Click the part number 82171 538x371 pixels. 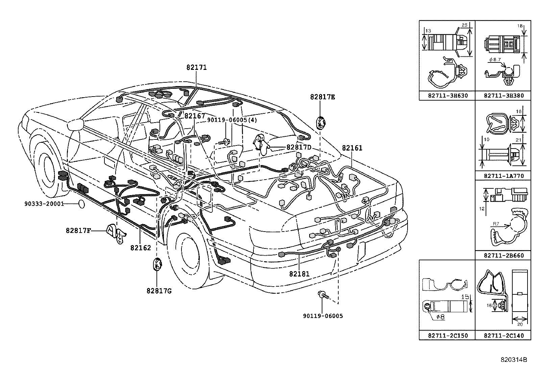196,68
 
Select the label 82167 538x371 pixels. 195,116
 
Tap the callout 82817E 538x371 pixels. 323,97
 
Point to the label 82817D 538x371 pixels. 299,147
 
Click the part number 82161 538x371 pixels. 352,148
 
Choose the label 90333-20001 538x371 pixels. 44,204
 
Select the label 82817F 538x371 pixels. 78,231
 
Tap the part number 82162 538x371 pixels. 141,248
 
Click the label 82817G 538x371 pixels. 159,290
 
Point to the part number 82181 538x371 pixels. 299,274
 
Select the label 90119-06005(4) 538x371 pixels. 232,120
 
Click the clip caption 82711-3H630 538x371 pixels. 447,96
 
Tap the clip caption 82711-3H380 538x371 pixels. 504,96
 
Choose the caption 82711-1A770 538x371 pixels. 504,176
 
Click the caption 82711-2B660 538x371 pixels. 504,255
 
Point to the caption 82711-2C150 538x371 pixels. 447,336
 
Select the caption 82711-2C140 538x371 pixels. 504,336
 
